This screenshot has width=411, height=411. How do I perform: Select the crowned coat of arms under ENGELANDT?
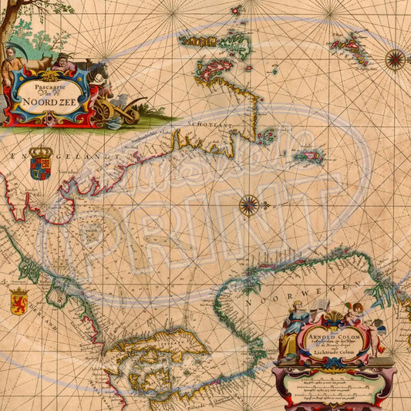pyautogui.click(x=40, y=163)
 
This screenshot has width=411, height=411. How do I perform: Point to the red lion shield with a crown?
pyautogui.click(x=19, y=299)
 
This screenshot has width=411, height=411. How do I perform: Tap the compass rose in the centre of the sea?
pyautogui.click(x=248, y=204)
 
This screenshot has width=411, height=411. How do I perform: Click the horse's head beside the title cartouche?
pyautogui.click(x=99, y=73)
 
